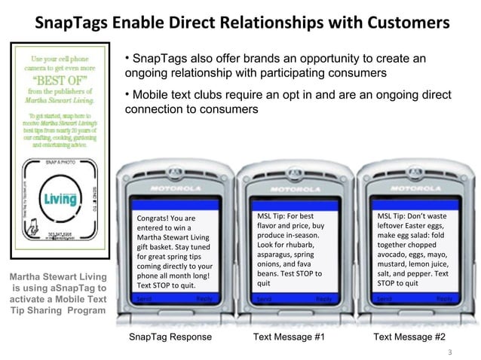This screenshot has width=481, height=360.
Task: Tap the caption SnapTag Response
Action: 171,337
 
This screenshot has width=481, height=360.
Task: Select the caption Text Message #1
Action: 289,337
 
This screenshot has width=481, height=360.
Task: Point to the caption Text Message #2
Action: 409,337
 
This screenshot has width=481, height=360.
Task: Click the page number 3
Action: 450,352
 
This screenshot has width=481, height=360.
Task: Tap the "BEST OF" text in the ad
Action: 57,80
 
